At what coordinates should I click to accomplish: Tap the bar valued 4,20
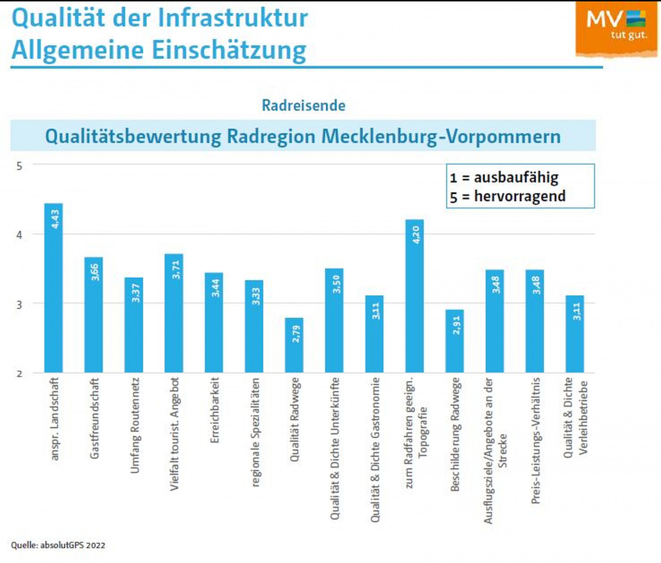415,296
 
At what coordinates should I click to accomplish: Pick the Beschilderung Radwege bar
454,341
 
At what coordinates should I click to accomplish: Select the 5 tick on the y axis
19,166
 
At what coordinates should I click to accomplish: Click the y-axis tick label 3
19,305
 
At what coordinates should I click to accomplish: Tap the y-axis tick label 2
19,374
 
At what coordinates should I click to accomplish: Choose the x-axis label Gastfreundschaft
94,418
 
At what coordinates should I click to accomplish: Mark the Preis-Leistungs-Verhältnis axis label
535,441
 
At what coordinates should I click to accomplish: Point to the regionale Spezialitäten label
255,432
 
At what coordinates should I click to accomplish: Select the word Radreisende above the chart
303,106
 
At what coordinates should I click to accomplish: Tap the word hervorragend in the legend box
520,196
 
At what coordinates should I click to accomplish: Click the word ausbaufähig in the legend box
516,178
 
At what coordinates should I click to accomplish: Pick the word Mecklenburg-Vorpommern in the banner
441,137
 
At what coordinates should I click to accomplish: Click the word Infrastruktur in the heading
235,18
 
